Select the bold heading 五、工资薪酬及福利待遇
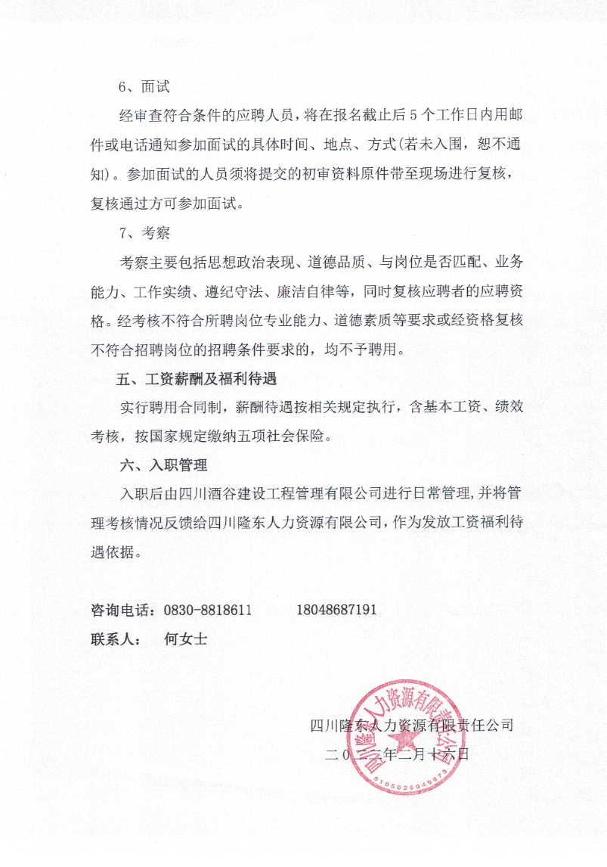coord(201,378)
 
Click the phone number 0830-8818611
coord(207,610)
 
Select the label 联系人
coord(114,639)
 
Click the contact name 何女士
coord(185,639)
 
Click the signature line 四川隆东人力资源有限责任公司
coord(412,725)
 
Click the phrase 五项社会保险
coord(290,437)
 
